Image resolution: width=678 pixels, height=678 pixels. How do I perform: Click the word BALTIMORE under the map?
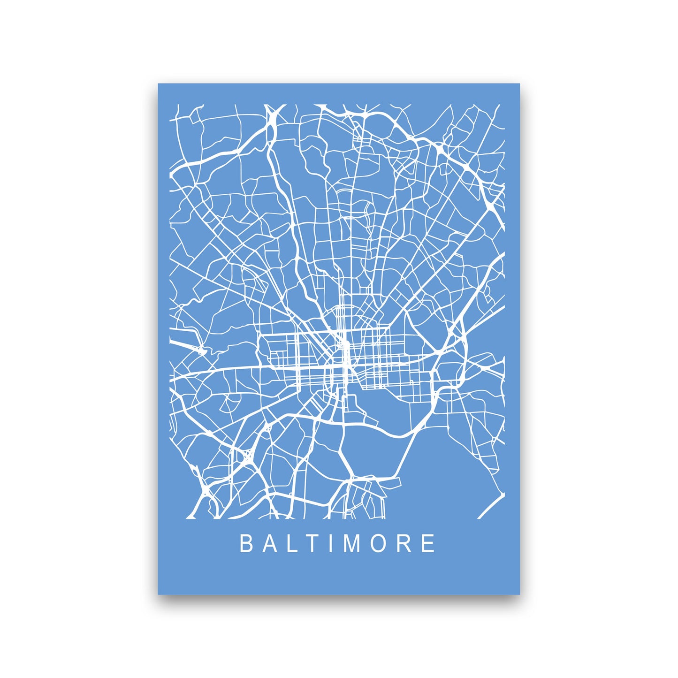[x=337, y=544]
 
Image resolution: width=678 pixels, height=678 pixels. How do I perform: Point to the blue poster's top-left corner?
[x=159, y=84]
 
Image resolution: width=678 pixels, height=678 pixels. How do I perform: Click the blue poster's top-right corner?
[x=519, y=84]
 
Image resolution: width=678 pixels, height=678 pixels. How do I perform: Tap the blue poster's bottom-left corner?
[x=159, y=594]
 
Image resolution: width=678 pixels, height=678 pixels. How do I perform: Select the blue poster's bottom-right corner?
[x=519, y=594]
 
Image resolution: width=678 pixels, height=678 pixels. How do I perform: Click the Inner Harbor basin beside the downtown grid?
[x=375, y=404]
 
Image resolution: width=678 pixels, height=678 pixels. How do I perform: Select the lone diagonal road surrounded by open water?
[x=491, y=506]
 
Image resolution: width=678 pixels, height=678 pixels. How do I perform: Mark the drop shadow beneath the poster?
[x=339, y=598]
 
